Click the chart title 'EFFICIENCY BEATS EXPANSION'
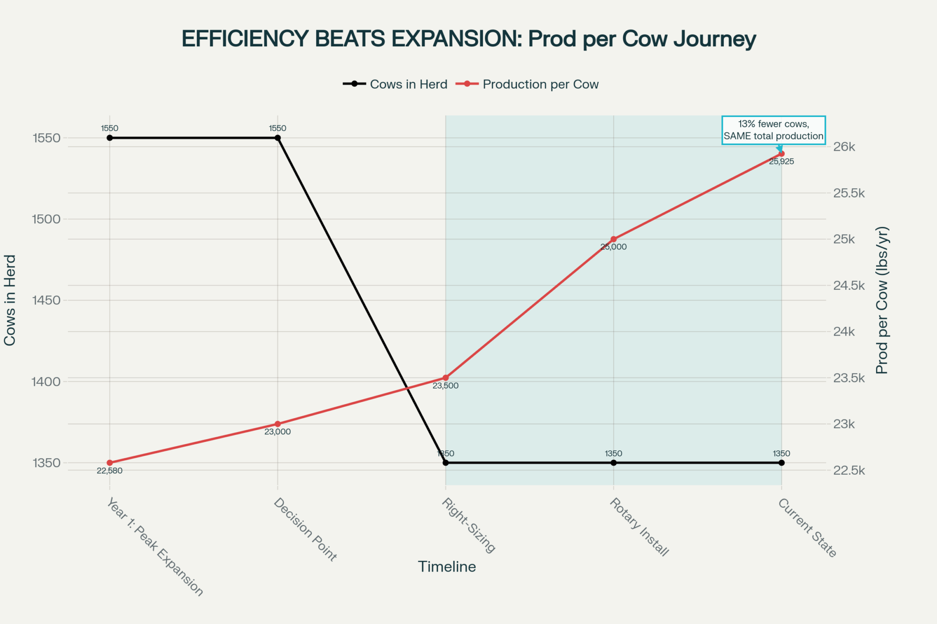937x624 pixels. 468,39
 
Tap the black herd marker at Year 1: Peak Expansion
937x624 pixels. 110,138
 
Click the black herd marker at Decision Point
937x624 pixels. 277,138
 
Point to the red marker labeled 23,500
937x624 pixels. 446,378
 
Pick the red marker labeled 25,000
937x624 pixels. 614,239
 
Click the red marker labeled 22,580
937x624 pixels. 110,463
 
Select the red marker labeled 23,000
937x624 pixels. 277,424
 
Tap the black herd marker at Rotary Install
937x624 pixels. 614,463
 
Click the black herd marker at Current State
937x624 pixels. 781,463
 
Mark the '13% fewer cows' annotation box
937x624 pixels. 773,130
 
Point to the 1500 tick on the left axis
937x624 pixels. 46,219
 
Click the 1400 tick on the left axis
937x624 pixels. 46,382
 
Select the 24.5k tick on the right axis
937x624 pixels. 848,286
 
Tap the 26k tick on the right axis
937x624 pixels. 844,147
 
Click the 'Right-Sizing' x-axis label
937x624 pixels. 468,525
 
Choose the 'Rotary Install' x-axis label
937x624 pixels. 639,527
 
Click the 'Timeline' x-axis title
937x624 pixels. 447,567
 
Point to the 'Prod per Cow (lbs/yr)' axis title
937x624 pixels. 882,301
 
